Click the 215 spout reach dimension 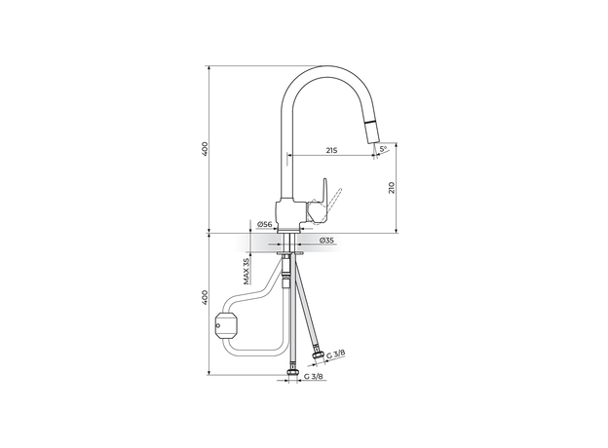pyautogui.click(x=331, y=150)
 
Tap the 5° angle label pyautogui.click(x=383, y=148)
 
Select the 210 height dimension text pyautogui.click(x=391, y=188)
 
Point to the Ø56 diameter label pyautogui.click(x=265, y=224)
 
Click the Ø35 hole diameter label pyautogui.click(x=326, y=241)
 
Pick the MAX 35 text pyautogui.click(x=247, y=271)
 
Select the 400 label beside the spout pyautogui.click(x=206, y=149)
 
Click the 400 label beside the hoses pyautogui.click(x=206, y=297)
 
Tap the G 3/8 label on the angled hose pyautogui.click(x=335, y=355)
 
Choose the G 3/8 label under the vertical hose pyautogui.click(x=314, y=376)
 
